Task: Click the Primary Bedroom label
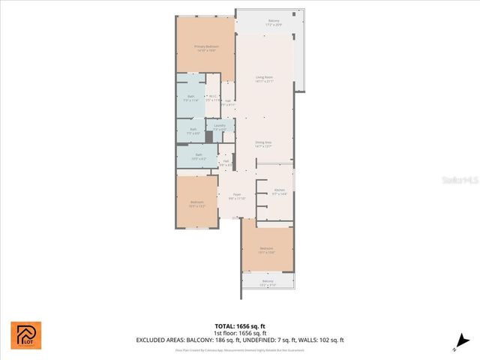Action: (x=205, y=48)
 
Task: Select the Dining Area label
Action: (x=264, y=144)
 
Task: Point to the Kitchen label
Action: (x=279, y=192)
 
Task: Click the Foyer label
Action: (x=237, y=196)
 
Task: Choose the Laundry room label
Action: (x=219, y=127)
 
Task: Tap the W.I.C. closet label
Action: (x=213, y=97)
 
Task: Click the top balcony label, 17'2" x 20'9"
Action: (x=274, y=22)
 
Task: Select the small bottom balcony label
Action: (x=268, y=283)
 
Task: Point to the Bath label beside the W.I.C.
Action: (x=191, y=97)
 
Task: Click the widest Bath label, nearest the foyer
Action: (x=198, y=157)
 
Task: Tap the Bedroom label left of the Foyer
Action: (x=196, y=203)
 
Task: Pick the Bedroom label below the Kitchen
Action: (x=267, y=250)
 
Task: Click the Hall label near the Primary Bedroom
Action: (x=227, y=103)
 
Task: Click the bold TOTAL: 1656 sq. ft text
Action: (x=239, y=326)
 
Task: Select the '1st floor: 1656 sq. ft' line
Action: (x=239, y=333)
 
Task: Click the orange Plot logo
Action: (x=26, y=335)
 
